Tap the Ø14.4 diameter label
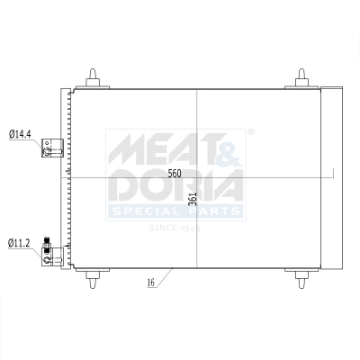click(20, 134)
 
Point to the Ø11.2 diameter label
click(20, 243)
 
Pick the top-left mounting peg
click(94, 77)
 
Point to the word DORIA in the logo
click(176, 187)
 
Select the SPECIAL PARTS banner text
click(175, 211)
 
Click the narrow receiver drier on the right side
click(330, 176)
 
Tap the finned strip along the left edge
click(68, 176)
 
